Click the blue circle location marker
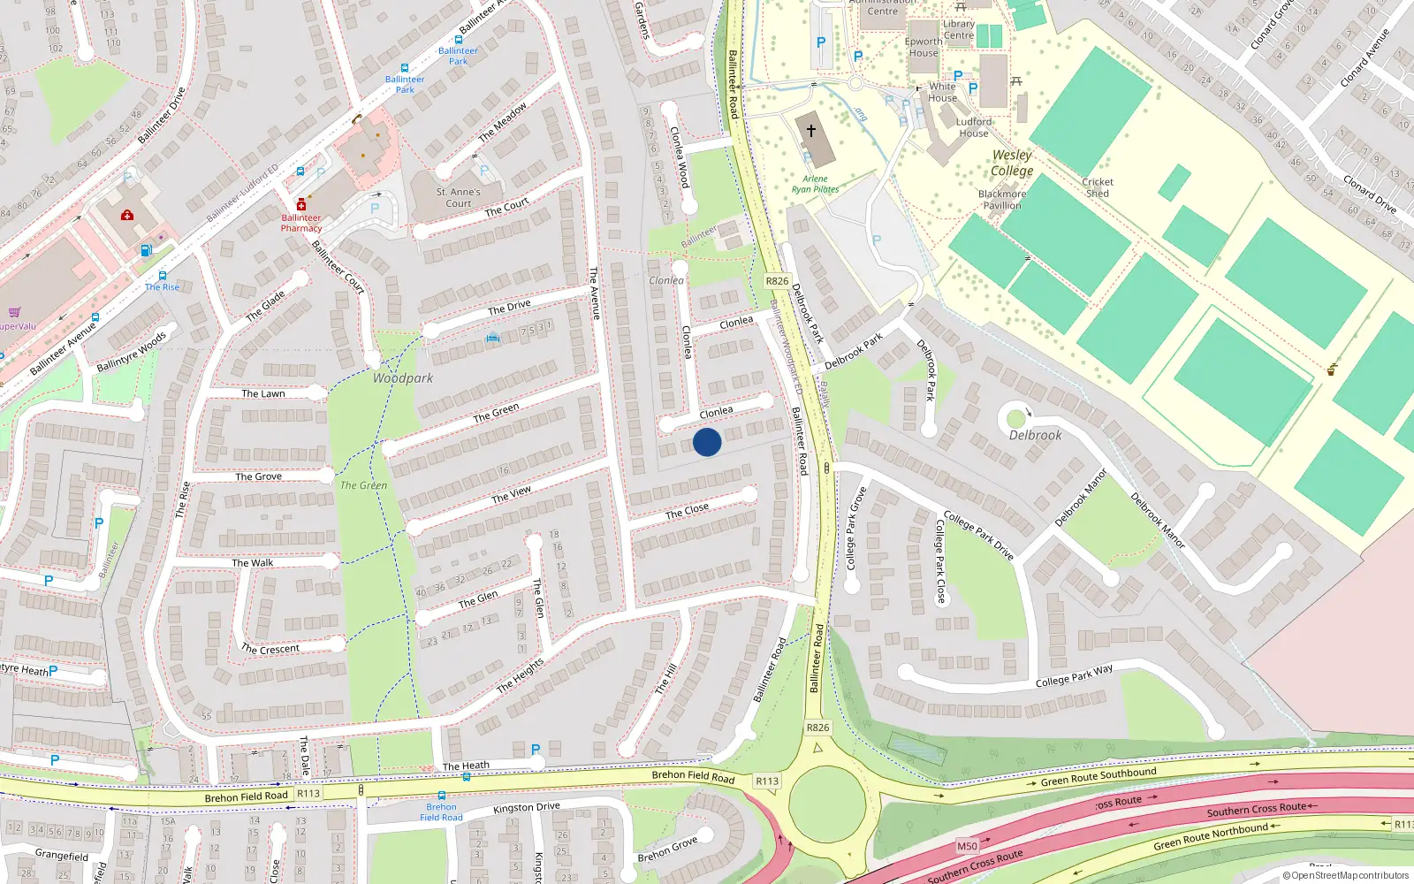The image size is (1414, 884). pyautogui.click(x=707, y=442)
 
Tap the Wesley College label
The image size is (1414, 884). pyautogui.click(x=1012, y=164)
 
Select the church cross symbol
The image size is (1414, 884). pyautogui.click(x=811, y=130)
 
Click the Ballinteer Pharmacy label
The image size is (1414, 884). pyautogui.click(x=301, y=223)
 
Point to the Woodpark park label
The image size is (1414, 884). pyautogui.click(x=402, y=378)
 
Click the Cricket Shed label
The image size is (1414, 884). pyautogui.click(x=1098, y=187)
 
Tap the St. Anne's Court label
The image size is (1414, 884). pyautogui.click(x=458, y=197)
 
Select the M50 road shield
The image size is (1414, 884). pyautogui.click(x=968, y=846)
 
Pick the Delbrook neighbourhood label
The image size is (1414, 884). pyautogui.click(x=1036, y=435)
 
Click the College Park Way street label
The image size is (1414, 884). pyautogui.click(x=1074, y=676)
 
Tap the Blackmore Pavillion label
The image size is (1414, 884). pyautogui.click(x=1002, y=200)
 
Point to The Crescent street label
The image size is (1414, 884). pyautogui.click(x=270, y=649)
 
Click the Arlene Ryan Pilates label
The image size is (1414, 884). pyautogui.click(x=815, y=184)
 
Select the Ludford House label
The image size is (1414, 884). pyautogui.click(x=974, y=127)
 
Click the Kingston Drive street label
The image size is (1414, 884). pyautogui.click(x=526, y=807)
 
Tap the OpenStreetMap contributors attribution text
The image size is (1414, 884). pyautogui.click(x=1346, y=875)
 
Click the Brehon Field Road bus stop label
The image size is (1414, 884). pyautogui.click(x=441, y=812)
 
